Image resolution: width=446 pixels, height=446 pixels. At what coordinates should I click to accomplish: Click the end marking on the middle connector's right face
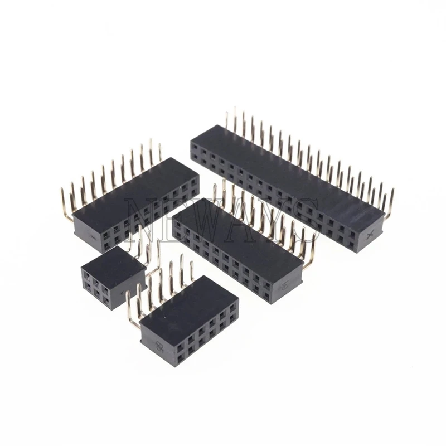tap(284, 284)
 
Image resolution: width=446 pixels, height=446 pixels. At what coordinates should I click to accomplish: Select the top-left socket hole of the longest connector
tap(195, 148)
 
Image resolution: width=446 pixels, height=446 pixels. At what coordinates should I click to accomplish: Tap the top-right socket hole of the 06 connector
tap(232, 304)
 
